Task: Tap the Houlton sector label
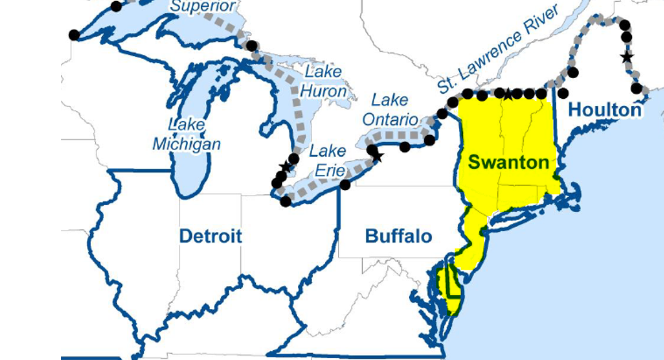[605, 109]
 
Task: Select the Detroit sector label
[210, 236]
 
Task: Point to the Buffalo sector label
[398, 236]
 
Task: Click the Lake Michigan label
[186, 134]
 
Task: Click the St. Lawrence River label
[498, 52]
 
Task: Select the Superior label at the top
[202, 6]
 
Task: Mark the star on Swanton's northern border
[508, 94]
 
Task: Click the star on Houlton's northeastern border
[627, 57]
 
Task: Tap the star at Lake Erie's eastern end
[378, 157]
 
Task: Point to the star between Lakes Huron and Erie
[286, 166]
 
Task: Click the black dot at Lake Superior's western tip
[74, 35]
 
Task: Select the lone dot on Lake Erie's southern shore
[345, 185]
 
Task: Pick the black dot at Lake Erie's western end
[285, 201]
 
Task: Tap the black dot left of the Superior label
[116, 6]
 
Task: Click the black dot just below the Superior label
[251, 45]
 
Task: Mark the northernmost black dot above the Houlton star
[624, 25]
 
